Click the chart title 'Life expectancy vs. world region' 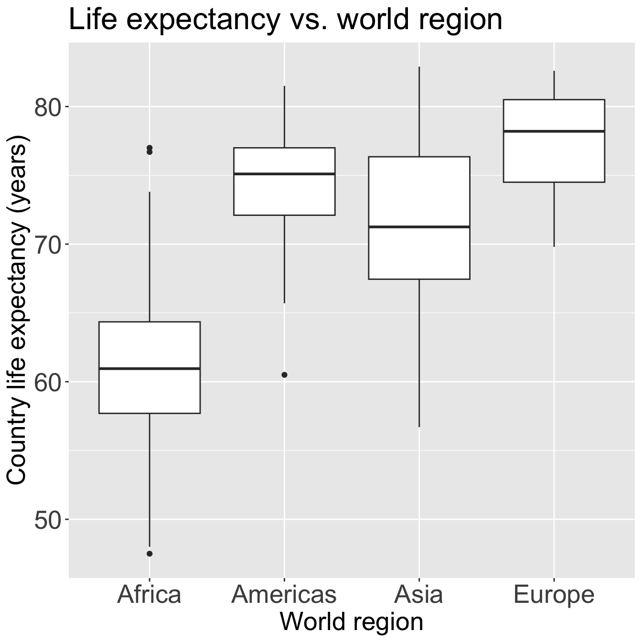(285, 20)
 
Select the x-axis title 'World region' (351, 622)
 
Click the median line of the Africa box (150, 369)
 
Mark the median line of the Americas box (284, 174)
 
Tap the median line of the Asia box (419, 226)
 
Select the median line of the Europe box (554, 131)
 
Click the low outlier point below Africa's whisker (150, 554)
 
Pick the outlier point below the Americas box (284, 375)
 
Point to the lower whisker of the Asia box (419, 353)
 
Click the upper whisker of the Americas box (284, 117)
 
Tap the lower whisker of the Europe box (554, 214)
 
